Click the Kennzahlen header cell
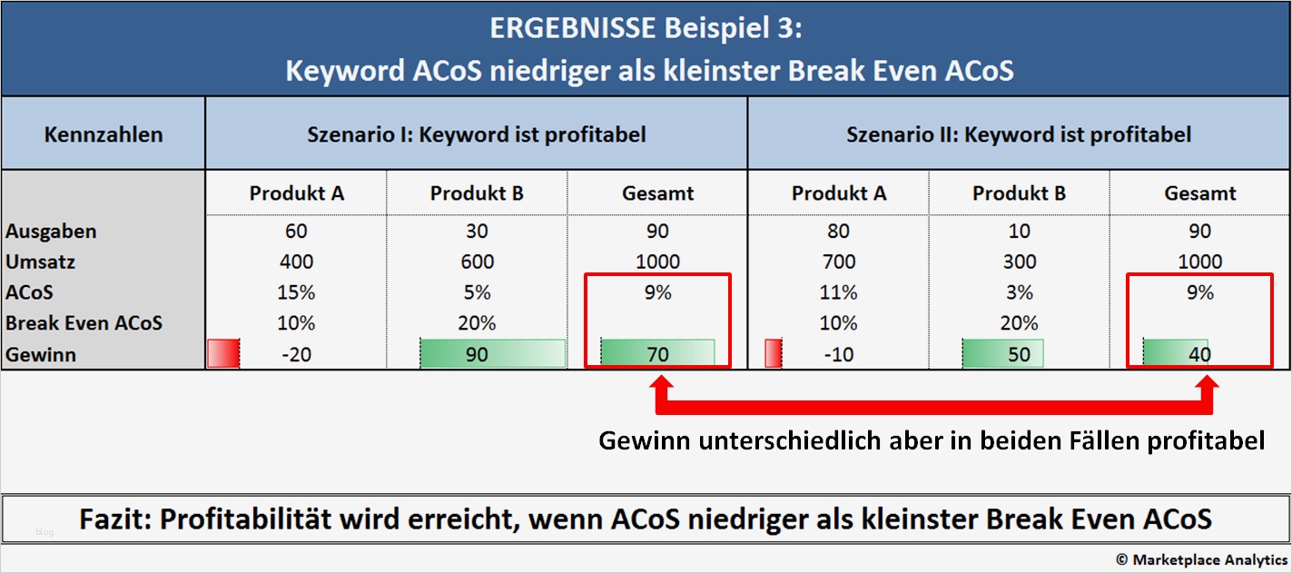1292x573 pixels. click(x=104, y=135)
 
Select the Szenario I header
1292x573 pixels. click(x=477, y=135)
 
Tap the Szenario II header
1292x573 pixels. click(x=1019, y=135)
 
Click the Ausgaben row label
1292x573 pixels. click(x=51, y=232)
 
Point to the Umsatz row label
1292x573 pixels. click(x=41, y=262)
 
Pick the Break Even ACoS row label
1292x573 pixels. click(x=84, y=323)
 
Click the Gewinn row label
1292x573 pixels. click(x=41, y=355)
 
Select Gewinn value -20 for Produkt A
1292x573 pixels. click(x=296, y=355)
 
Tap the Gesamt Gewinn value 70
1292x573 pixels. click(x=657, y=354)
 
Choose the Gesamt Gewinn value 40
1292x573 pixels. click(x=1199, y=354)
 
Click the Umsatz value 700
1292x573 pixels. click(x=838, y=262)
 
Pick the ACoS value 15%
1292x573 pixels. click(x=296, y=293)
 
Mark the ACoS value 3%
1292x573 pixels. click(x=1019, y=293)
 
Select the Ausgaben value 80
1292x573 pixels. click(x=838, y=232)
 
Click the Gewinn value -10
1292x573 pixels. click(x=838, y=355)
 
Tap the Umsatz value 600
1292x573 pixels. click(x=477, y=262)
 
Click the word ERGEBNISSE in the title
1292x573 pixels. click(x=571, y=29)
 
